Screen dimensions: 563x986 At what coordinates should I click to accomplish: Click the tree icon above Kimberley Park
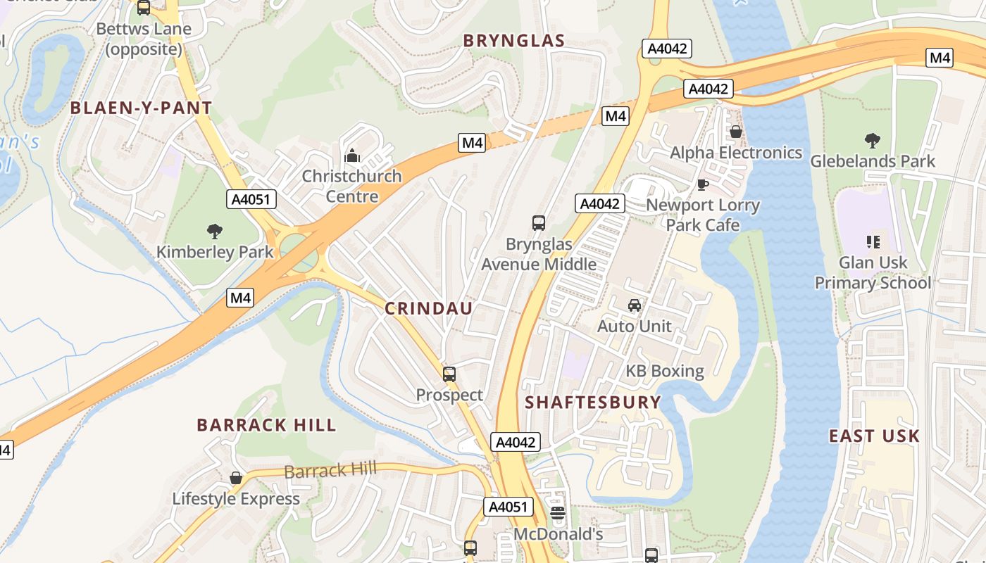(215, 231)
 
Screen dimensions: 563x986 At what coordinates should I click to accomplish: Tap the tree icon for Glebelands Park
(873, 141)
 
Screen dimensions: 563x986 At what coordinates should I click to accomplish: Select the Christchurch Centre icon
(352, 156)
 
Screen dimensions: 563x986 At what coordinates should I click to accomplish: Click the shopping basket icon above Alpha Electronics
(736, 132)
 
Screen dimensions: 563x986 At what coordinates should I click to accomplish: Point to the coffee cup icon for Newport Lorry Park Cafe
(702, 184)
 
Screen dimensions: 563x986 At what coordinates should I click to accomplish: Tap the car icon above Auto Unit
(635, 305)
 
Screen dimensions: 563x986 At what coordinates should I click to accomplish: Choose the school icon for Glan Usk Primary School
(873, 242)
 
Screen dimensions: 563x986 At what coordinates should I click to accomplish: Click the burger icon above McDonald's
(558, 513)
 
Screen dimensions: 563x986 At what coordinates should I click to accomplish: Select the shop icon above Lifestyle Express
(236, 479)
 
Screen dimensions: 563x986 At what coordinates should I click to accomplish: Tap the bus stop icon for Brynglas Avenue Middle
(539, 223)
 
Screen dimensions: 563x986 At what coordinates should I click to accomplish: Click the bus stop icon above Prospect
(449, 374)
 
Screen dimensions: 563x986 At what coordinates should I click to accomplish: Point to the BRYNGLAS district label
(514, 41)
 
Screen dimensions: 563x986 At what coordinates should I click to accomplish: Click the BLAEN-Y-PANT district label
(141, 108)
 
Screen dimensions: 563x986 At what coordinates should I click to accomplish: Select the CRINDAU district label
(429, 308)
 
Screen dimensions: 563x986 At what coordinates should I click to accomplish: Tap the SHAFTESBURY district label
(593, 402)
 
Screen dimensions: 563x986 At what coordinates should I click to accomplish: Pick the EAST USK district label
(874, 436)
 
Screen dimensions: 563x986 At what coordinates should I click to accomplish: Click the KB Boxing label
(665, 371)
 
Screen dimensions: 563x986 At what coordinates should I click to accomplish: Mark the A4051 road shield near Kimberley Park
(251, 199)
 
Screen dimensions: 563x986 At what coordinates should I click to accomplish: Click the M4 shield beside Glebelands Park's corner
(940, 58)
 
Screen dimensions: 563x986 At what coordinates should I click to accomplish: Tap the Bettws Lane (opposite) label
(144, 39)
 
